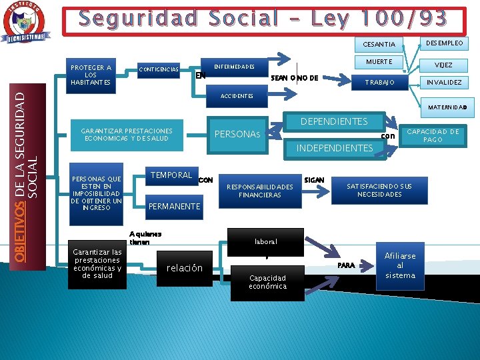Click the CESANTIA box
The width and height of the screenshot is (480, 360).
tap(379, 45)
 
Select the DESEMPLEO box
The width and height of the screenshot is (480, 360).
tap(445, 43)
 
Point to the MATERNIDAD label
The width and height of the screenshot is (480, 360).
tap(447, 107)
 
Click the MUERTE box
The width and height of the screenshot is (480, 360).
tap(379, 63)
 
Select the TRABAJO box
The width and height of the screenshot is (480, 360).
tap(379, 83)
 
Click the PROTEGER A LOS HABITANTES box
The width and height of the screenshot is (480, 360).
tap(91, 75)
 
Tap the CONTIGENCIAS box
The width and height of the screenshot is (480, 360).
tap(159, 69)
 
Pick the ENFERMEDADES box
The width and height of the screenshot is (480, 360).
tap(234, 67)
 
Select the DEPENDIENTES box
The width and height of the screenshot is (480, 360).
tap(334, 122)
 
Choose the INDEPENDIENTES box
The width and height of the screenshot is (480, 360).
tap(334, 148)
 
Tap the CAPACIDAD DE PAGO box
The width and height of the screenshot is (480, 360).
tap(433, 135)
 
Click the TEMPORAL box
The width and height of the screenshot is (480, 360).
tap(171, 175)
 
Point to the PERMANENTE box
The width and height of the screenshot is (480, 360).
tap(174, 207)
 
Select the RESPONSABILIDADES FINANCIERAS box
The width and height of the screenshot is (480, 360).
tap(260, 191)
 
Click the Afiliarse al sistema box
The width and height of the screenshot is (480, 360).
tap(400, 265)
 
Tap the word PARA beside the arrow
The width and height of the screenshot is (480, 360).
tap(347, 265)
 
